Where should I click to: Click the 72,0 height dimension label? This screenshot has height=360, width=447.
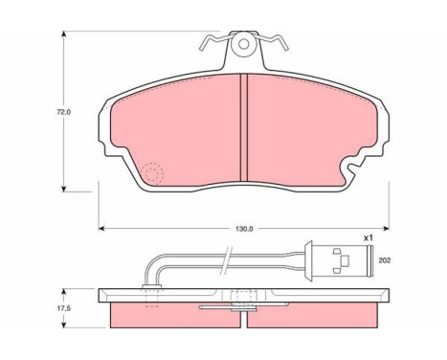63,112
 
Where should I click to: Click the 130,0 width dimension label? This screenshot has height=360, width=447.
244,229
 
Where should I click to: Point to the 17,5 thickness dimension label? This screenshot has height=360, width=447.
64,308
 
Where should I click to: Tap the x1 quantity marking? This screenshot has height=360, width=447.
369,237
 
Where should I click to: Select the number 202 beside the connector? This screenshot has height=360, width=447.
385,260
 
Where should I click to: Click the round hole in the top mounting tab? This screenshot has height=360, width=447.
243,44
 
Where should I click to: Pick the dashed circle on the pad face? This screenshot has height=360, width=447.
152,174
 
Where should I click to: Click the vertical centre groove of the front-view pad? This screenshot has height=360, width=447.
244,127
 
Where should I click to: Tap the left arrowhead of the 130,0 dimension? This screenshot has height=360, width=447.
101,228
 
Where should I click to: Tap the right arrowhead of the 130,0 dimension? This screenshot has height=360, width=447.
386,228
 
